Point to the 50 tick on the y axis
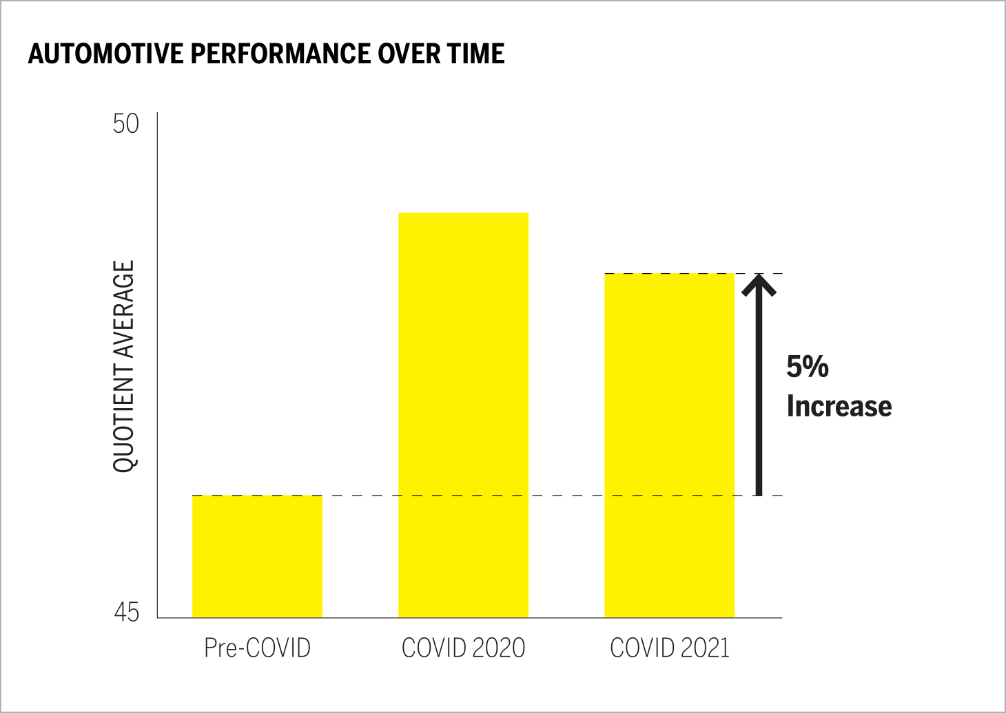126,124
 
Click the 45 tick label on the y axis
126,612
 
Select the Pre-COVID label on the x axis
257,648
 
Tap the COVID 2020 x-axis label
463,648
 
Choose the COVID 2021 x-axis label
669,648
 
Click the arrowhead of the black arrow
759,284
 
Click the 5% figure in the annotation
808,367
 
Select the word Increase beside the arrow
839,406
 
